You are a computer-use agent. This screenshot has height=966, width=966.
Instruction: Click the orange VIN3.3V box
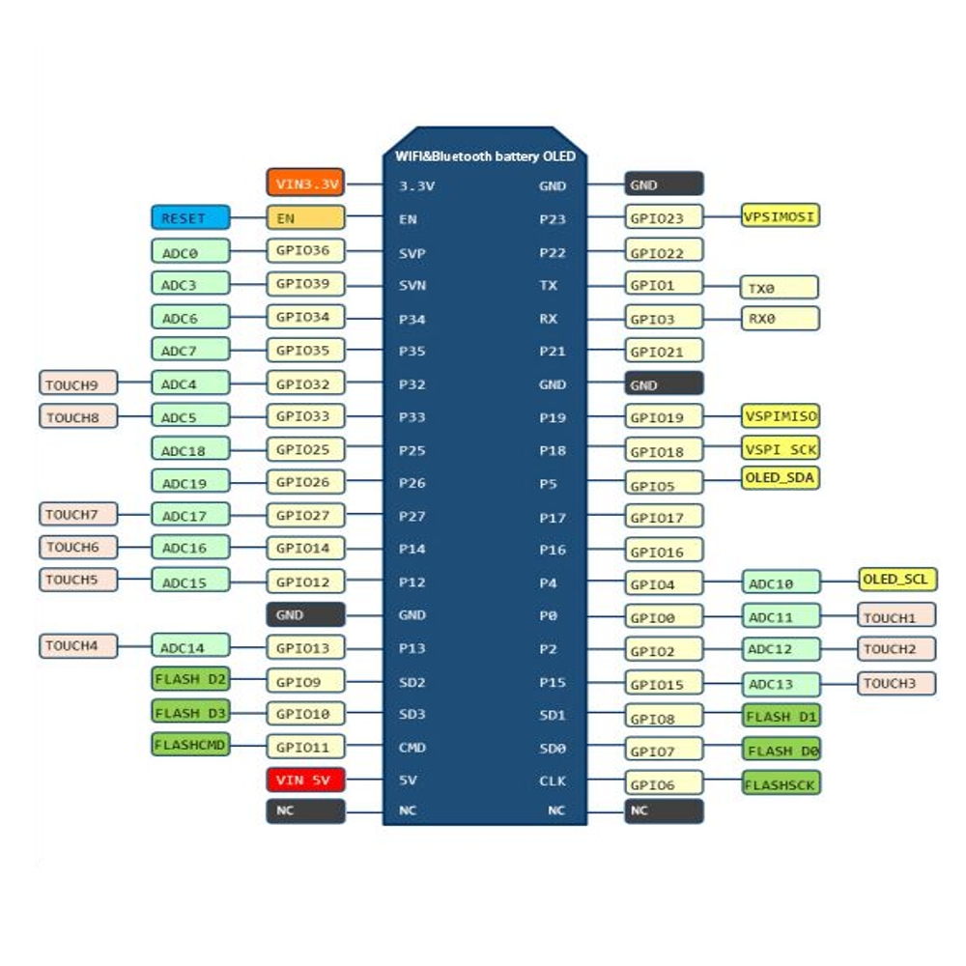pos(305,183)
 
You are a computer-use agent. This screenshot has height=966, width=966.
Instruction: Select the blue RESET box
pos(190,217)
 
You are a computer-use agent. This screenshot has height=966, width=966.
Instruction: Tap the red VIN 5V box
pos(305,780)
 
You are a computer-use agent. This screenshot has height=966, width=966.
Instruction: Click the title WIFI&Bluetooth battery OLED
pos(485,156)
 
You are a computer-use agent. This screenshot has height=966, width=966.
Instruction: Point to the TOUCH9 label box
pos(78,383)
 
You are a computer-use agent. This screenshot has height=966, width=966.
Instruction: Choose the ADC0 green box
pos(190,251)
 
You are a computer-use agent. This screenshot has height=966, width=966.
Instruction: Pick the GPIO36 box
pos(305,251)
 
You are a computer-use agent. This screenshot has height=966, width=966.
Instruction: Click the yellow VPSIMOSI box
pos(780,215)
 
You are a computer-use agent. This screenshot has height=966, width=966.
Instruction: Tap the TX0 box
pos(780,287)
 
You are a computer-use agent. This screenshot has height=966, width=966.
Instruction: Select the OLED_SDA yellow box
pos(780,478)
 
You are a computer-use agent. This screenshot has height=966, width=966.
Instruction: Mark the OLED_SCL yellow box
pos(897,580)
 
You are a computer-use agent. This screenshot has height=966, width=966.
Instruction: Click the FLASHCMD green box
pos(190,744)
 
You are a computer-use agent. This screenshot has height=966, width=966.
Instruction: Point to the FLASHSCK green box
pos(781,783)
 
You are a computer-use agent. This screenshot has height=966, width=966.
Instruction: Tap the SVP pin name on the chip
pos(412,253)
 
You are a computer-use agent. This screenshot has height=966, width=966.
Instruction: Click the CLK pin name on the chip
pos(552,781)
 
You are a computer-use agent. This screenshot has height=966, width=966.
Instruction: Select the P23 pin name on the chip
pos(552,219)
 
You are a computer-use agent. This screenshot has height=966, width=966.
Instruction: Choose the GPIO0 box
pos(664,616)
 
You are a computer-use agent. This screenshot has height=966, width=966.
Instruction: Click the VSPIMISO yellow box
pos(780,415)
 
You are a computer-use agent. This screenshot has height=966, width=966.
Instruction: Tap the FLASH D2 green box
pos(190,679)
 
